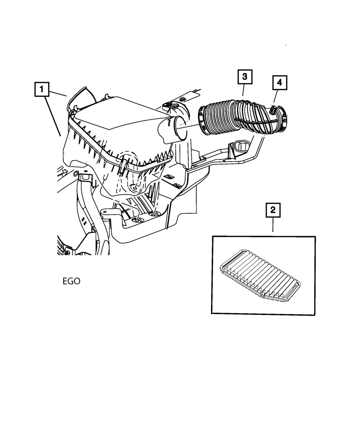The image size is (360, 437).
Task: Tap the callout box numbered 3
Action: (244, 76)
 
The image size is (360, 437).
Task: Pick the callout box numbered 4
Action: (279, 83)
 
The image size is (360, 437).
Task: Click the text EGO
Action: (71, 281)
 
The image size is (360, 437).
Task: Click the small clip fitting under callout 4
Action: (273, 109)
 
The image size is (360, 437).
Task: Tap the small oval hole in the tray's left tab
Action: (104, 212)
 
